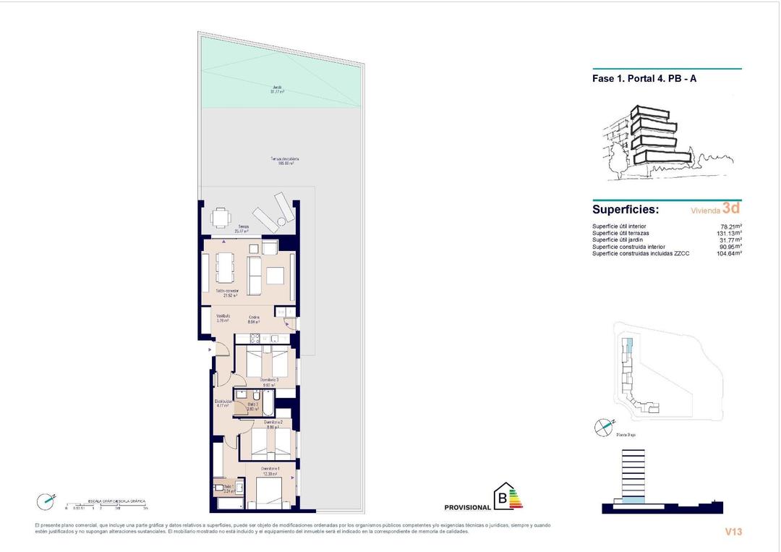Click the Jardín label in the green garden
point(278,90)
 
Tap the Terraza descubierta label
point(284,161)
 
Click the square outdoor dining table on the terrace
point(221,217)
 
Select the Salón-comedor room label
point(227,293)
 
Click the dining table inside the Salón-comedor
point(226,268)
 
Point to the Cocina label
point(254,320)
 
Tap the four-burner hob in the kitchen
point(255,338)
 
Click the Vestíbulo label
point(224,319)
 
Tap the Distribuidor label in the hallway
point(223,403)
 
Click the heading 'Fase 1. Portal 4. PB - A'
point(644,79)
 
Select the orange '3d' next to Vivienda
point(731,208)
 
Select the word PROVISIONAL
point(467,508)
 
